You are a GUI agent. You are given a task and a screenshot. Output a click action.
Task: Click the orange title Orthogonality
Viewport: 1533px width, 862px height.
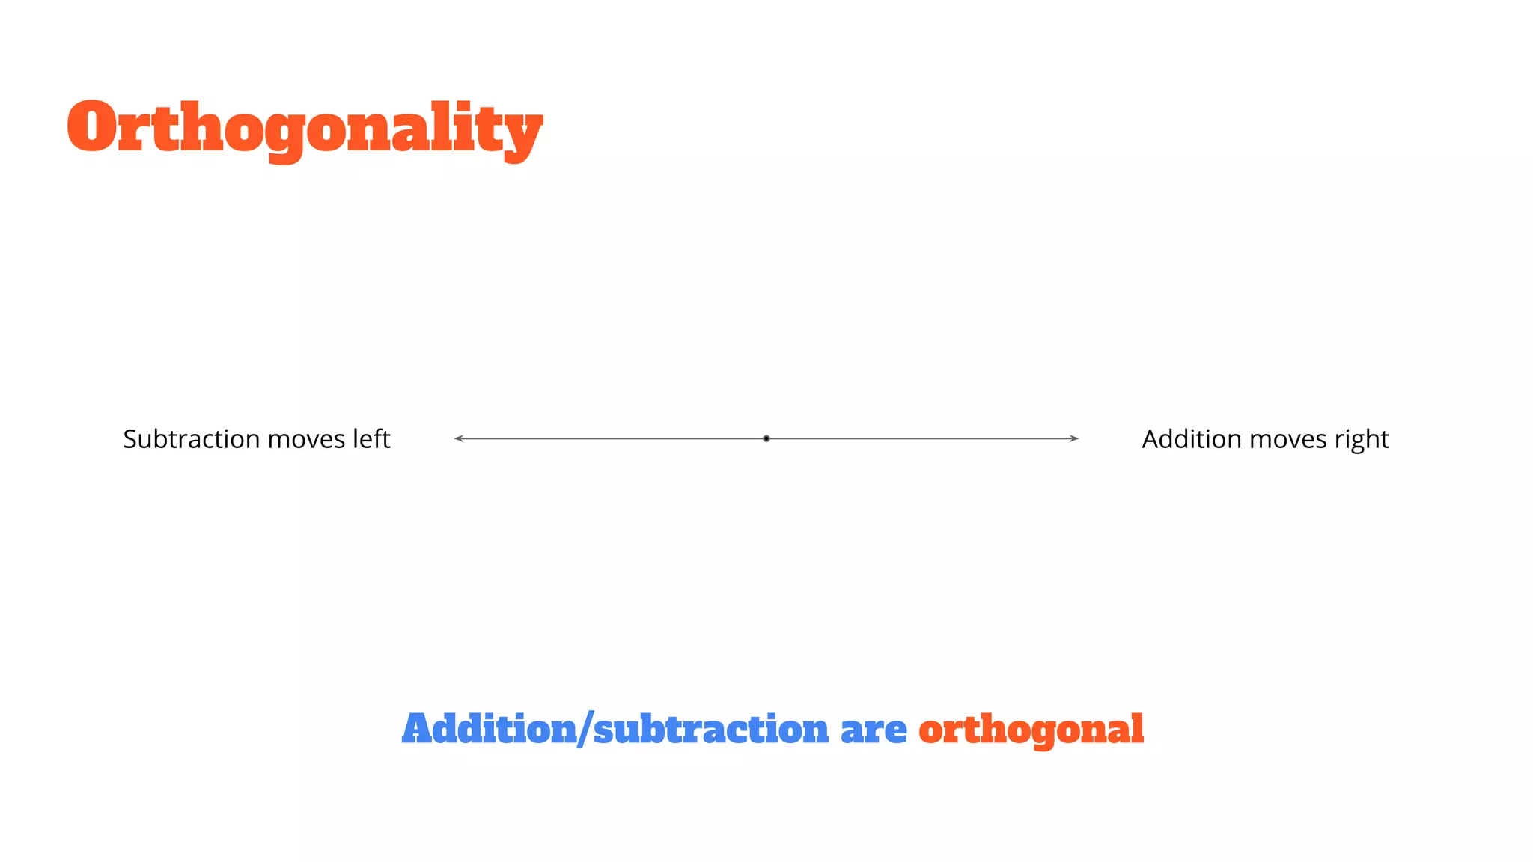click(305, 129)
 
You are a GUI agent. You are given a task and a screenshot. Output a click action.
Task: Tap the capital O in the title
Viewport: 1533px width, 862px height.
click(92, 127)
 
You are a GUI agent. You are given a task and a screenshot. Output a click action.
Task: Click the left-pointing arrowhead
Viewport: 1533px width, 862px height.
click(458, 438)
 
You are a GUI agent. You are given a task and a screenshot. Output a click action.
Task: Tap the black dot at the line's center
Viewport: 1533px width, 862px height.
click(766, 438)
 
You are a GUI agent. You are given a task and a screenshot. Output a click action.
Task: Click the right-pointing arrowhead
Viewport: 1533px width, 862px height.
click(1075, 438)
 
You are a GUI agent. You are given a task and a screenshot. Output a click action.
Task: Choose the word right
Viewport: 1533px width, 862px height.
click(1362, 440)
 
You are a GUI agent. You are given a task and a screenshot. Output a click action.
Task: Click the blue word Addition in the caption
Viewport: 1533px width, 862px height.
click(489, 729)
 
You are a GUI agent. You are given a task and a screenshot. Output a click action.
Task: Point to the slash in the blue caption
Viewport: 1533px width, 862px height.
click(585, 730)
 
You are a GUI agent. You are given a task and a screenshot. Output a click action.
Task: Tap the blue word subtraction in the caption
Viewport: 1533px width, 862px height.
click(711, 730)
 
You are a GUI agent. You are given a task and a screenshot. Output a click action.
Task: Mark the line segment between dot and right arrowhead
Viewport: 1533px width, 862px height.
click(921, 438)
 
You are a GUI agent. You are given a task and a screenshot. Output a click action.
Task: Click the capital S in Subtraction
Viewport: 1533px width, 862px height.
click(131, 439)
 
